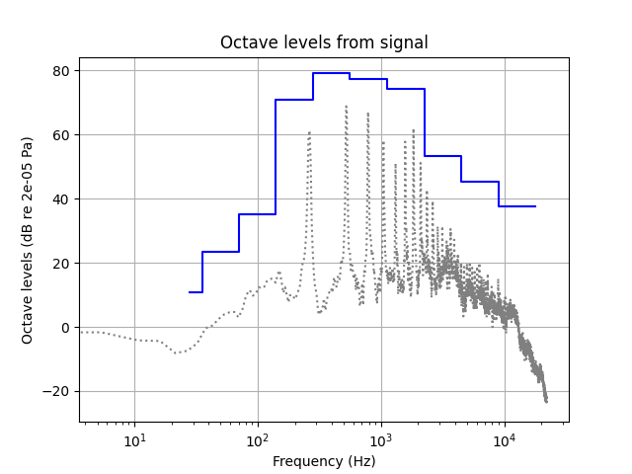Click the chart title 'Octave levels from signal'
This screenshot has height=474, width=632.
(324, 42)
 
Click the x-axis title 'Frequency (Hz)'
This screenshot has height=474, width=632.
(324, 461)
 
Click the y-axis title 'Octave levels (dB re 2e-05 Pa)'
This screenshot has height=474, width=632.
(28, 240)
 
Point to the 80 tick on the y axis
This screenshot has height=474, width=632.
(61, 71)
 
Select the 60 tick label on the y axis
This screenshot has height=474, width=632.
(61, 135)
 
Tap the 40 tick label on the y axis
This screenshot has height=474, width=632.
(61, 199)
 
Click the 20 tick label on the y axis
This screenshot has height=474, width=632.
(61, 264)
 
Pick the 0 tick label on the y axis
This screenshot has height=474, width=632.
(65, 328)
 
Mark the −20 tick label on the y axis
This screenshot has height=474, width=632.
(57, 392)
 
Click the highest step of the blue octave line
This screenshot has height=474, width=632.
(331, 73)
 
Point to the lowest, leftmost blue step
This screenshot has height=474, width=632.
(196, 292)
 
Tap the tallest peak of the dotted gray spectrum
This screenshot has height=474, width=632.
(347, 106)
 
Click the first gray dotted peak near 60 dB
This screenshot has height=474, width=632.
(309, 132)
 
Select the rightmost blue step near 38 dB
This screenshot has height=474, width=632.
(516, 206)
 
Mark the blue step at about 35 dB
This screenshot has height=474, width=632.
(257, 214)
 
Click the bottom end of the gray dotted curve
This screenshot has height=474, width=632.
(546, 401)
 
